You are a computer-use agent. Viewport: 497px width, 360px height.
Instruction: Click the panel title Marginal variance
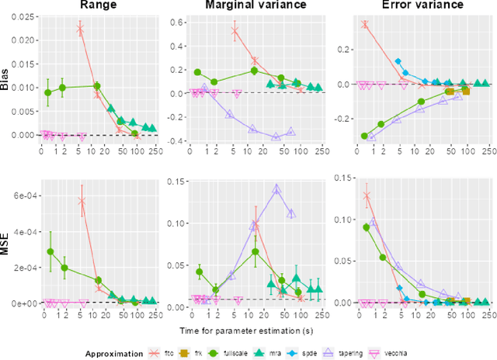[x=242, y=5]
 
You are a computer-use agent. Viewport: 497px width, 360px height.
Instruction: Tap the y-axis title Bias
[x=5, y=79]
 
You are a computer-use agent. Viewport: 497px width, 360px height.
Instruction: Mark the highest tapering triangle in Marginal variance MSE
[x=276, y=188]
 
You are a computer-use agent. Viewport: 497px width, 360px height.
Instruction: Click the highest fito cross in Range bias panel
[x=81, y=29]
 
